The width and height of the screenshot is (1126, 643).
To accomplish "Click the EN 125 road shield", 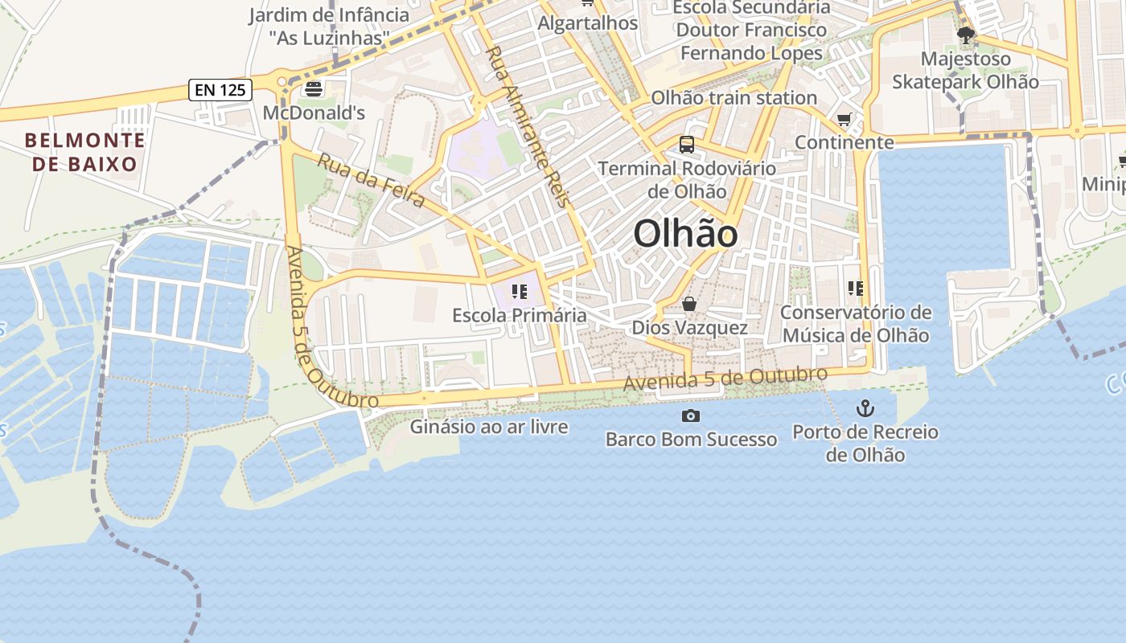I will click(x=221, y=89).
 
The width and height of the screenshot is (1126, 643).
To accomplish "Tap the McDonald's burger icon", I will click(x=314, y=88).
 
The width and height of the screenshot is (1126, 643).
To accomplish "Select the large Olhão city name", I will click(x=685, y=234).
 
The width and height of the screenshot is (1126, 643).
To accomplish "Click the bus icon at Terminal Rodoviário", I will click(x=687, y=145).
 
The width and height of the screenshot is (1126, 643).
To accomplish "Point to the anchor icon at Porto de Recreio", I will click(x=865, y=408).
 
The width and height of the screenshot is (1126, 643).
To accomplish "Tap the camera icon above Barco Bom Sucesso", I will click(x=690, y=416).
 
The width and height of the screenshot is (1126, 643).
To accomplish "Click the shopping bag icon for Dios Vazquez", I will click(x=689, y=304).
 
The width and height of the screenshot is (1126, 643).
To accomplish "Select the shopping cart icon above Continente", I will click(x=844, y=121).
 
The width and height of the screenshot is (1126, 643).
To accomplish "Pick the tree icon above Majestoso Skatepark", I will click(x=965, y=35).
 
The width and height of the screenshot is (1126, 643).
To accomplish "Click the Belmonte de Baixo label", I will click(x=85, y=152).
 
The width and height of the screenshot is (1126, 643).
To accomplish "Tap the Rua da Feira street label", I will click(x=371, y=180).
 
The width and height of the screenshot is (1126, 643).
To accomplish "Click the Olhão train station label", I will click(x=734, y=98).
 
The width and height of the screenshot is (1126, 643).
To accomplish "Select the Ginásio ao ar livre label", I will click(x=489, y=427).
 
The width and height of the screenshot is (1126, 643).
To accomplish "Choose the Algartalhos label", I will click(x=588, y=23).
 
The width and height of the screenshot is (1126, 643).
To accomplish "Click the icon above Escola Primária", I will click(x=519, y=291).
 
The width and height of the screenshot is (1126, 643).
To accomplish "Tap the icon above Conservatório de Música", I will click(x=856, y=288).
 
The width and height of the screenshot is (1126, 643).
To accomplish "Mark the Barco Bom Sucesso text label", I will click(x=691, y=440).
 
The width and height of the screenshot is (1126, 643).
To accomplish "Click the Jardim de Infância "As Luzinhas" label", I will click(x=329, y=26).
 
